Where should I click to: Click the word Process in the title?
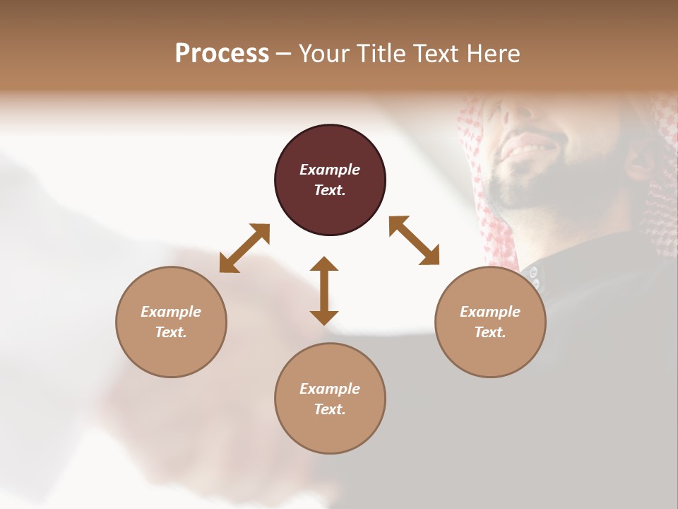click(222, 54)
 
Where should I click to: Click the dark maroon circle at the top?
click(330, 180)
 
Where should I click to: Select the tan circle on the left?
click(171, 322)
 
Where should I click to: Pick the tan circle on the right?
click(489, 322)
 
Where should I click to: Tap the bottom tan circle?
click(330, 399)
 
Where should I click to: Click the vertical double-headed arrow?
click(324, 291)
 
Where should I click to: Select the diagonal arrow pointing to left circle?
click(244, 247)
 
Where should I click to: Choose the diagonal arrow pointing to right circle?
click(415, 240)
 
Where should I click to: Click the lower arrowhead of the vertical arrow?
click(324, 317)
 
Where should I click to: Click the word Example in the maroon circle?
click(330, 170)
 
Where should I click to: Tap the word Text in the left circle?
click(171, 332)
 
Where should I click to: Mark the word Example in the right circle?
click(489, 312)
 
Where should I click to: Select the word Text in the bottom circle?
click(329, 409)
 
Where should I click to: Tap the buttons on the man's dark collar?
click(534, 277)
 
